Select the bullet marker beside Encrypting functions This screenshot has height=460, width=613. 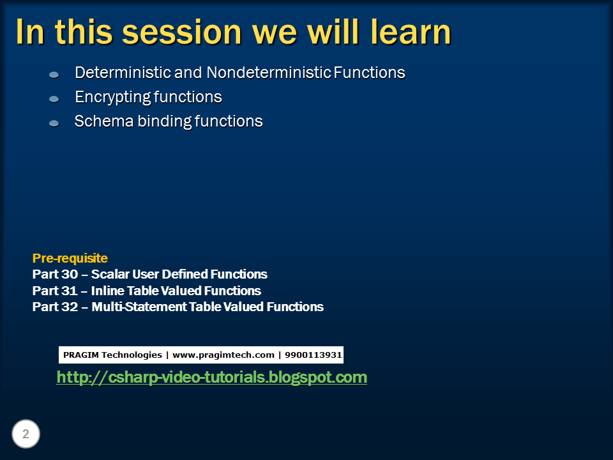pos(54,99)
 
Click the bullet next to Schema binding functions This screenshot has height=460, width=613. pos(54,123)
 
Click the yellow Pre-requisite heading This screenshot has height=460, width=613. pos(70,259)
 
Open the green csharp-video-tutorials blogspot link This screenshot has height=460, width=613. pos(211,378)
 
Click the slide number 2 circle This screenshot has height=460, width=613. pos(26,435)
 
